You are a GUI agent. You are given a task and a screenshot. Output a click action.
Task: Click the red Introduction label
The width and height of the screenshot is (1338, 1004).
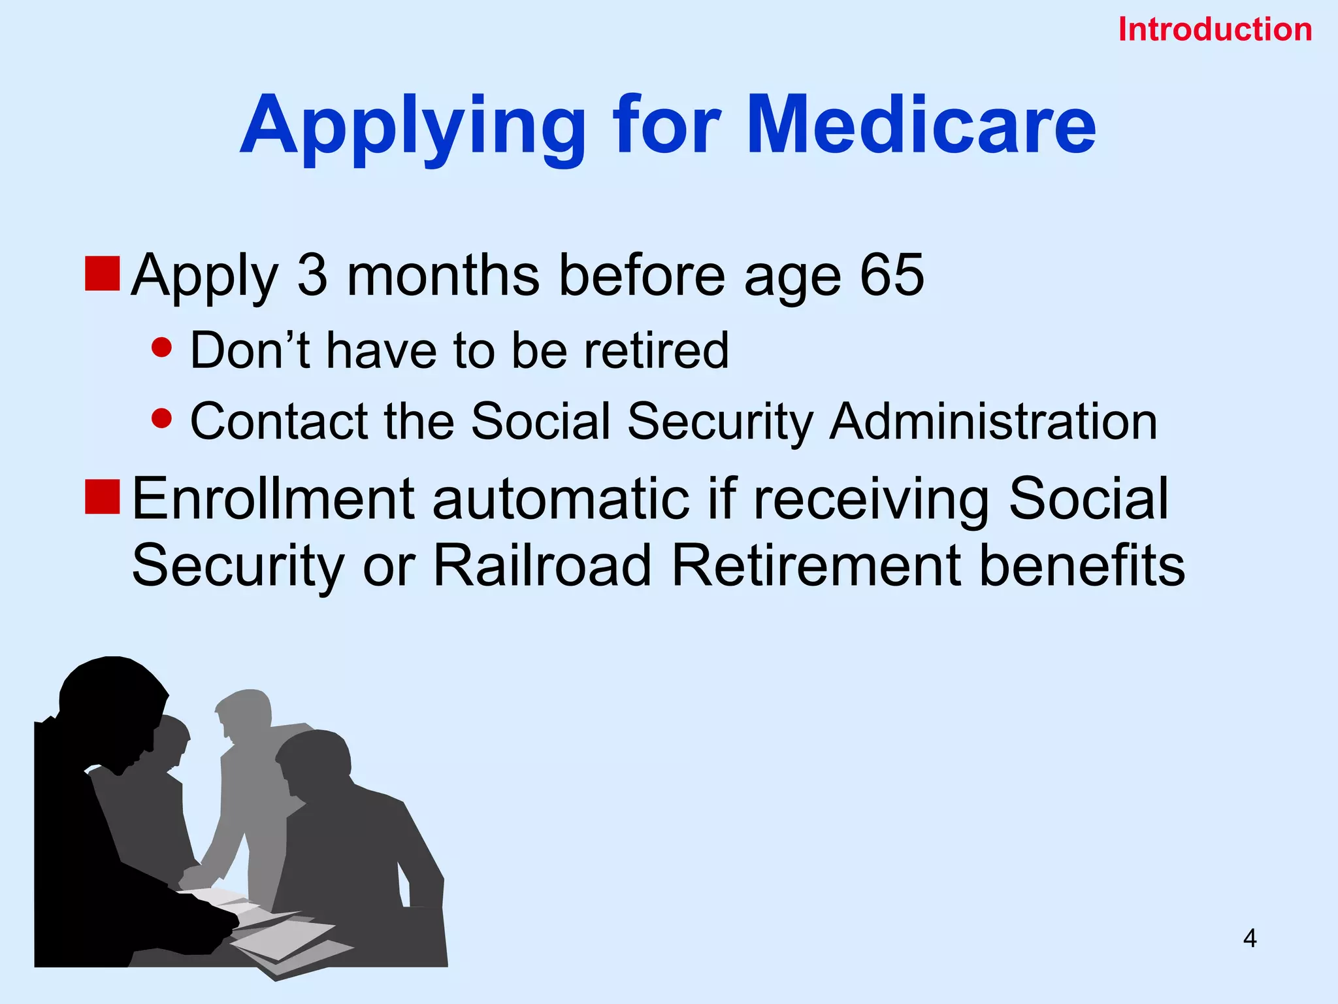click(1215, 30)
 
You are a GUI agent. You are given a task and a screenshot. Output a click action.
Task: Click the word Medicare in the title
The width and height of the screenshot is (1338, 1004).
click(921, 125)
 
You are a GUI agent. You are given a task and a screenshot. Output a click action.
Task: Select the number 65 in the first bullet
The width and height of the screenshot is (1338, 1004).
click(892, 275)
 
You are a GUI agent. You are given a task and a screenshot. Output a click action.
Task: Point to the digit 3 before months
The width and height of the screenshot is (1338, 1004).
click(312, 275)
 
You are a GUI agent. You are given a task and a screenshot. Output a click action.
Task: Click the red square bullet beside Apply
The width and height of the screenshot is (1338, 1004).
click(102, 274)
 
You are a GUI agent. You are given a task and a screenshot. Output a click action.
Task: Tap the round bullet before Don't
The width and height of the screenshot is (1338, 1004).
click(161, 348)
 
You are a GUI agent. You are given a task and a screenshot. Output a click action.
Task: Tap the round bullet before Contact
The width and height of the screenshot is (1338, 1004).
click(161, 418)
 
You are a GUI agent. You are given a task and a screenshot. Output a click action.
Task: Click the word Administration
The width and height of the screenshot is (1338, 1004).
click(993, 422)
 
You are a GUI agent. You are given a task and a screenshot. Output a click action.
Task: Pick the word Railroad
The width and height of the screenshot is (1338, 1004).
click(542, 565)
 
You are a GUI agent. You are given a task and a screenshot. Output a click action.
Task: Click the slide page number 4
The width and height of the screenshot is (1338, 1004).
click(1250, 939)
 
